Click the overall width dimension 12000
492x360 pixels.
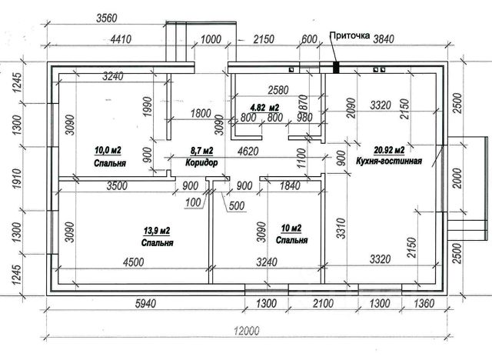247,331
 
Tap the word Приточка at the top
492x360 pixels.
350,35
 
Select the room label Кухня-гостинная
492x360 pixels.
389,161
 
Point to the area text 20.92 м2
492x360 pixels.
389,150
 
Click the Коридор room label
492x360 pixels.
201,162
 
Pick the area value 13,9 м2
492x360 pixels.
157,232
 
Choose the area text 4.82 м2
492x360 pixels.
264,108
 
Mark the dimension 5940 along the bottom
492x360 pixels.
145,304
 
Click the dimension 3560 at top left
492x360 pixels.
106,18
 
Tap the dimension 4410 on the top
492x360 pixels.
121,39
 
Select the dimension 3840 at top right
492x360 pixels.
383,39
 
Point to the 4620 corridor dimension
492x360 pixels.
248,152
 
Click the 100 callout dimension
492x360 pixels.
193,202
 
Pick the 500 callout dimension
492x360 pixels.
237,206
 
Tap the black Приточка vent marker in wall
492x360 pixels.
336,68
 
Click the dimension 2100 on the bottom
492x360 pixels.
323,304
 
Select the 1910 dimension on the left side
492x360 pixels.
17,179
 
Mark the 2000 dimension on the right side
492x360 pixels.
458,178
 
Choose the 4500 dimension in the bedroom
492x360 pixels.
133,262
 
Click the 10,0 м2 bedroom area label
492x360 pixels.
108,150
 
